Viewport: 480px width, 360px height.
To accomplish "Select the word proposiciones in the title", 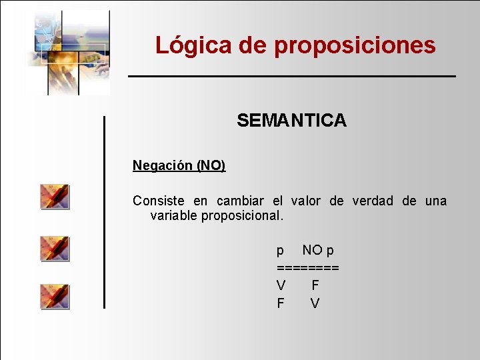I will coord(355,45).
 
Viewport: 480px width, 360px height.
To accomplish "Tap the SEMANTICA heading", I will coord(291,121).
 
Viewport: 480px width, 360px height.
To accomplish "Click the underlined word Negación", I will coord(163,165).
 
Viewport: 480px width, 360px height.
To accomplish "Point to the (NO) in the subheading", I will coord(211,165).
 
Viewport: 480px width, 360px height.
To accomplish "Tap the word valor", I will coord(306,201).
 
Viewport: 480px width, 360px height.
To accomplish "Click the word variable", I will coord(174,216).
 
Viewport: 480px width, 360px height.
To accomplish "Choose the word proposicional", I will coord(242,216).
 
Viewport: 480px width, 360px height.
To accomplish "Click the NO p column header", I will coord(318,250).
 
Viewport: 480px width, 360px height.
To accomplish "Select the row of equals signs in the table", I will coord(308,267).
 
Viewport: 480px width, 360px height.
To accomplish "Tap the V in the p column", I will coord(281,285).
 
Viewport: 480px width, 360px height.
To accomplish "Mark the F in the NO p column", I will coord(315,285).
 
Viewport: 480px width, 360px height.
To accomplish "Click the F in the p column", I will coord(281,303).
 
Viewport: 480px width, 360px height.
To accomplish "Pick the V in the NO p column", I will coord(315,303).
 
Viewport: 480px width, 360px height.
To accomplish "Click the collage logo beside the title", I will coord(68,52).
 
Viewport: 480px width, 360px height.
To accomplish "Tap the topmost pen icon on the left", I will coord(54,197).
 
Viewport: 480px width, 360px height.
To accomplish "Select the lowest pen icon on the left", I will coord(54,296).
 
